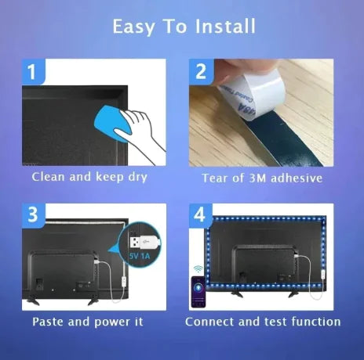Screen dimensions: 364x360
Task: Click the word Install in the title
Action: pos(225,27)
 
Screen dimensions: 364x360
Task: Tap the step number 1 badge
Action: pos(33,71)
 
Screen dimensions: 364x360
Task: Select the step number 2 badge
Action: pos(201,71)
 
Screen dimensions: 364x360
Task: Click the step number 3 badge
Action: pos(33,215)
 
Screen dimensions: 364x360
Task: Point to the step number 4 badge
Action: pos(200,215)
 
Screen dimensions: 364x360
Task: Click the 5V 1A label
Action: pos(140,256)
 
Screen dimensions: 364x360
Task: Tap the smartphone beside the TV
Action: pos(198,292)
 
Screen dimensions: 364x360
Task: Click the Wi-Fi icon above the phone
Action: pos(198,269)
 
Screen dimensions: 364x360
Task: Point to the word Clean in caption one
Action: pos(48,177)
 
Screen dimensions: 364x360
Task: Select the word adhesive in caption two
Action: pos(297,178)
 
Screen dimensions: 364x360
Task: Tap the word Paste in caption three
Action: pos(48,322)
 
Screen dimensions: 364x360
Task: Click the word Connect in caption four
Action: pos(209,322)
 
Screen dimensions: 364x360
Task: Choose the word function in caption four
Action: pos(316,322)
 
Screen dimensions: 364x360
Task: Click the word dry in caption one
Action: pos(138,177)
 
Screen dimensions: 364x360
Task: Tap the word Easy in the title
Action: pos(134,27)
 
